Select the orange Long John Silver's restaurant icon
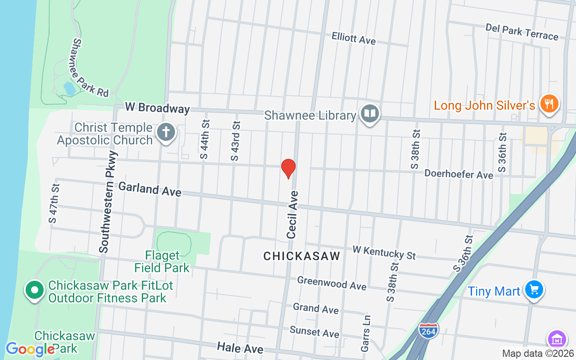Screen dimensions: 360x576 coord(549,104)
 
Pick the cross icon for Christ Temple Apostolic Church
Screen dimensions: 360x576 coord(166,133)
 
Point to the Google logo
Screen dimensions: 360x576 coord(30,349)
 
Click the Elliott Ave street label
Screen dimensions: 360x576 coord(353,38)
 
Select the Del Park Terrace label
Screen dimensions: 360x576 coord(522,32)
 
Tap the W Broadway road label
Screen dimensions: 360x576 coord(157,108)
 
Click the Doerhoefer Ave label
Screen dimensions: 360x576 coord(459,174)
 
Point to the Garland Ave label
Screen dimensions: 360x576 coord(150,189)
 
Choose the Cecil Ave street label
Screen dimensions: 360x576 coord(292,214)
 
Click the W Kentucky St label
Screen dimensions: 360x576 coord(384,252)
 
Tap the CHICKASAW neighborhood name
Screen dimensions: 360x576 coord(301,256)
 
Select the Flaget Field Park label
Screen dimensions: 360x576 coord(162,262)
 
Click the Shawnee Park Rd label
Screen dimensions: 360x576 coord(90,67)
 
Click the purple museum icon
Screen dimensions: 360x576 coord(557,339)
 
